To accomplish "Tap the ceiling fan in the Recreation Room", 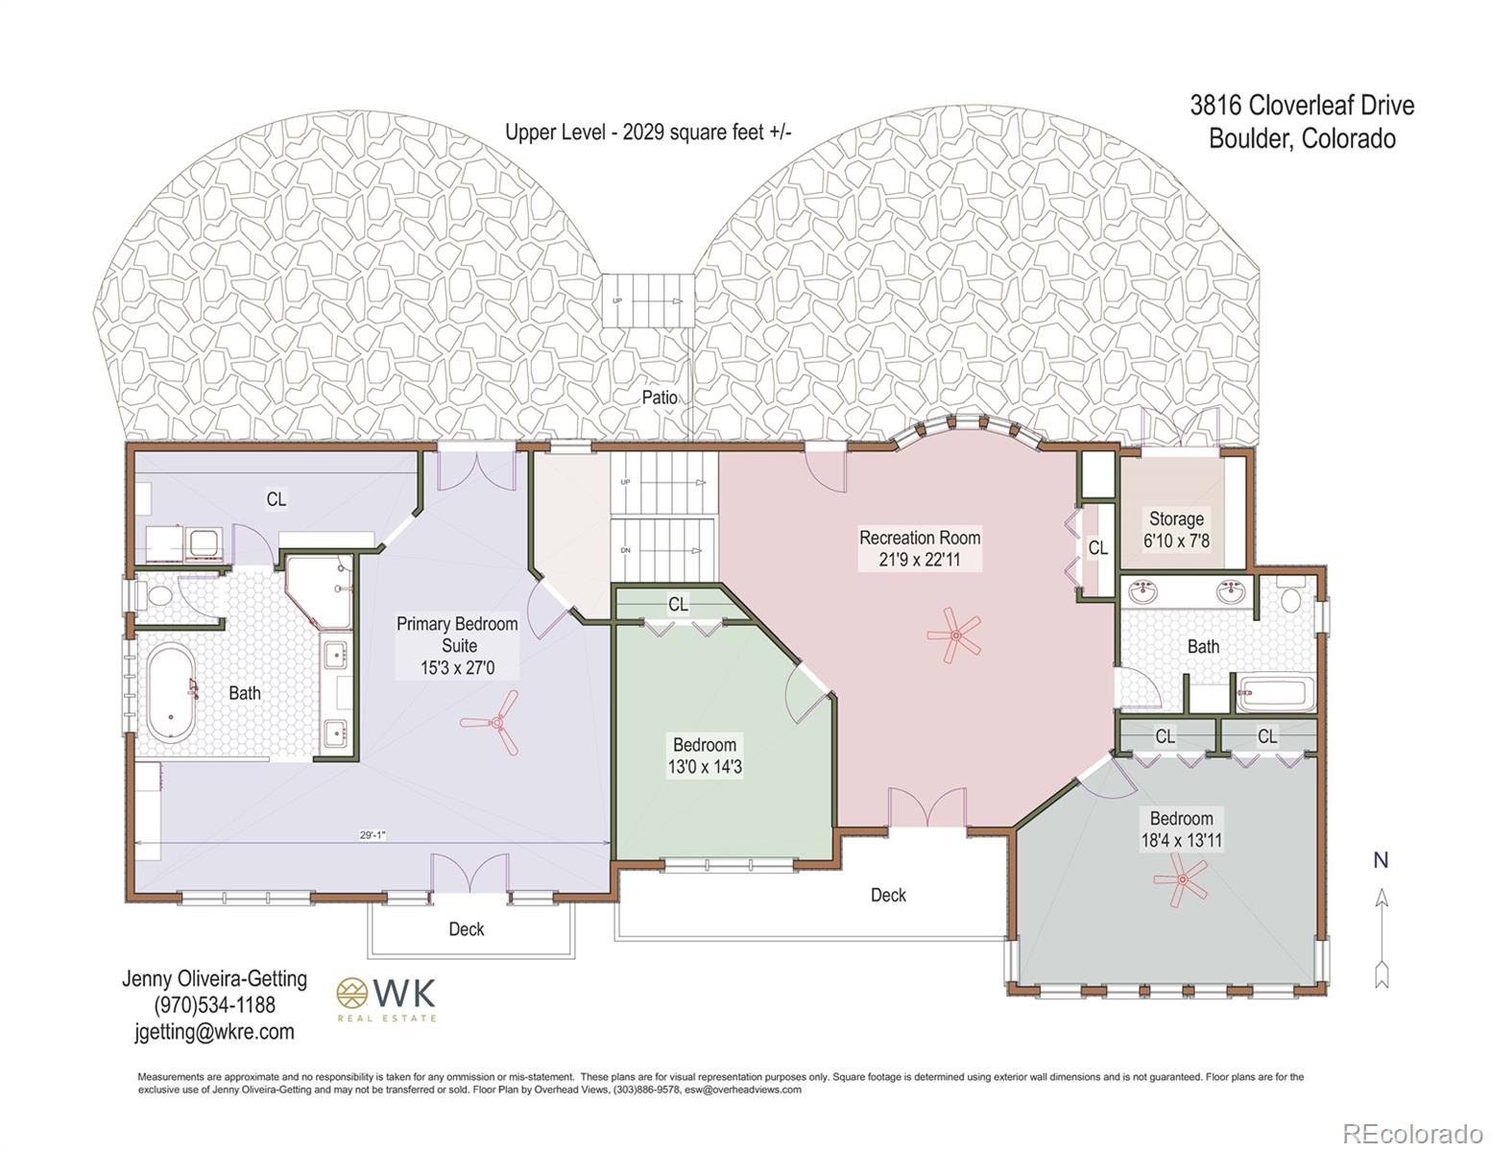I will coord(955,635).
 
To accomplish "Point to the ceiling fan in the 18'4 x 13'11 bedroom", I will coord(1181,879).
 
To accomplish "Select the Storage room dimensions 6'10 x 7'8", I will coord(1176,540).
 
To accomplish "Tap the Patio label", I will coord(660,397).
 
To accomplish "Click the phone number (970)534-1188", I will coord(214,1005).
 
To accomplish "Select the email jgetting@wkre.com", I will coord(214,1032).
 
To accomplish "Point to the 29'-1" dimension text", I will coord(373,835).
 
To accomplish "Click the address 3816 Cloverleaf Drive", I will coord(1302,105).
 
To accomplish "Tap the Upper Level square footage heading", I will coord(648,132).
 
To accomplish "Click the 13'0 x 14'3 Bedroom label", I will coord(704,756).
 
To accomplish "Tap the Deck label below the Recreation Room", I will coord(888,895).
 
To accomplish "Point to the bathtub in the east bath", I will coord(1275,693).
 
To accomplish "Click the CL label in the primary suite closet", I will coord(276,499).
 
